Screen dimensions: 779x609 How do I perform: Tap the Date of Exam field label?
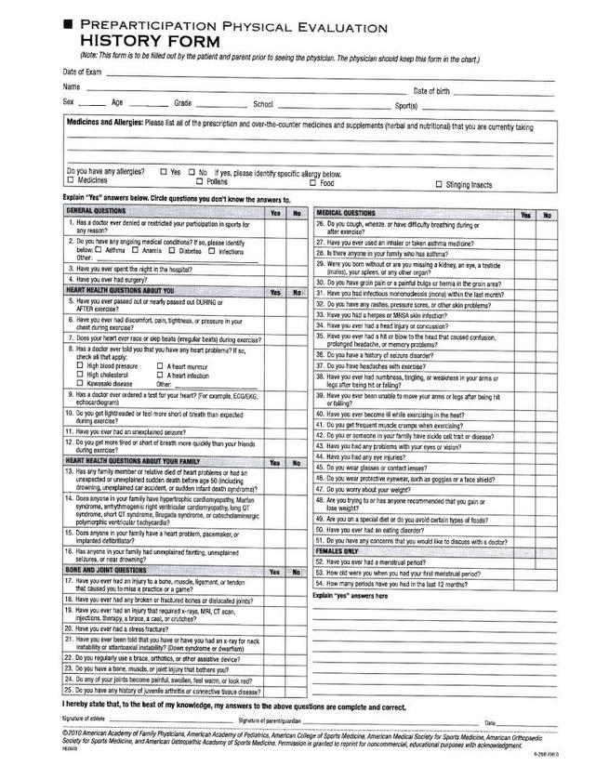tap(82, 72)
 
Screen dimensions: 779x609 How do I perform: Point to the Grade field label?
tap(181, 103)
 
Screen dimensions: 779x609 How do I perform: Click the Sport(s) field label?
tap(407, 105)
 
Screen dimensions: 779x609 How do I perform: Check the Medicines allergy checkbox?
tap(68, 182)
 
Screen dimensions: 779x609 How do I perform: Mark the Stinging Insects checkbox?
tap(438, 184)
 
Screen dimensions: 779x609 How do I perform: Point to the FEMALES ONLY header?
tap(337, 551)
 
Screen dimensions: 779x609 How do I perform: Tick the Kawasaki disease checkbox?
tap(79, 383)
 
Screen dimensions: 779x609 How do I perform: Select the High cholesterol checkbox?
tap(79, 375)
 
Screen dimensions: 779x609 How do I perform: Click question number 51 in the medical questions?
tap(319, 539)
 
